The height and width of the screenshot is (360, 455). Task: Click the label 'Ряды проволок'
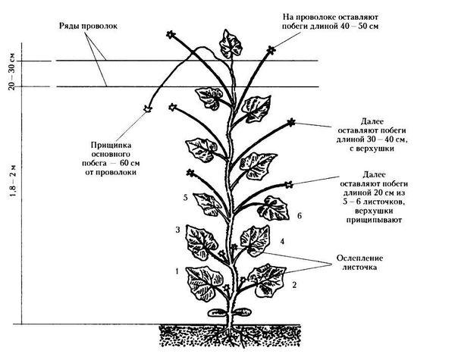pyautogui.click(x=88, y=26)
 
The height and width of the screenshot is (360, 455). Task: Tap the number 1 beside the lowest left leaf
pyautogui.click(x=177, y=271)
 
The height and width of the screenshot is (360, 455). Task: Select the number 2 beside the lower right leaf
pyautogui.click(x=294, y=285)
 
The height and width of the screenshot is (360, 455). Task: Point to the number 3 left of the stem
pyautogui.click(x=177, y=230)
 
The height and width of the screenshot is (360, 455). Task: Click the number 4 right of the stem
pyautogui.click(x=282, y=241)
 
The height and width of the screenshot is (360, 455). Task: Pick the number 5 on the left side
pyautogui.click(x=186, y=198)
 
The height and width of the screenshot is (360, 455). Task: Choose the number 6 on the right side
pyautogui.click(x=300, y=215)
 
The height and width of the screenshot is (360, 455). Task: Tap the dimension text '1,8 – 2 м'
pyautogui.click(x=14, y=182)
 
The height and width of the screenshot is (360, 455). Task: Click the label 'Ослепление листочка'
pyautogui.click(x=359, y=262)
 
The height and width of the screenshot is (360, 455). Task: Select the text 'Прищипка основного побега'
pyautogui.click(x=111, y=154)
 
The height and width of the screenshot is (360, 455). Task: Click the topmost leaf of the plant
pyautogui.click(x=230, y=45)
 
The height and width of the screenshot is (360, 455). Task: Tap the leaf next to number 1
pyautogui.click(x=204, y=283)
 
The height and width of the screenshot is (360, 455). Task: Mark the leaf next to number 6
pyautogui.click(x=273, y=208)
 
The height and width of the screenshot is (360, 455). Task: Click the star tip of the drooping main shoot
pyautogui.click(x=148, y=109)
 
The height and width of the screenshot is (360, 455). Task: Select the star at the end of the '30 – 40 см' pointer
pyautogui.click(x=290, y=123)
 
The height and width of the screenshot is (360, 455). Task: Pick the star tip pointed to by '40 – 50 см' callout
pyautogui.click(x=271, y=50)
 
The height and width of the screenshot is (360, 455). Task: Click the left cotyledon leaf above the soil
pyautogui.click(x=217, y=312)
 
